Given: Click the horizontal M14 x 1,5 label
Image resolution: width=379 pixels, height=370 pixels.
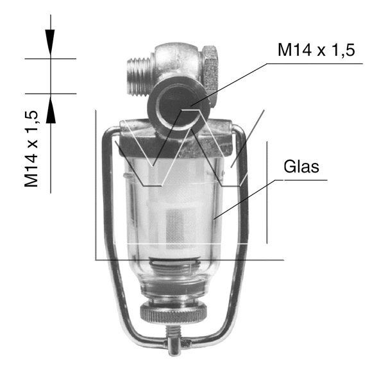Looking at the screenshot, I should click(316, 51).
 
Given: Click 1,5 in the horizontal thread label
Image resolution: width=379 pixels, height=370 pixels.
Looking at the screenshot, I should click(340, 51).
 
